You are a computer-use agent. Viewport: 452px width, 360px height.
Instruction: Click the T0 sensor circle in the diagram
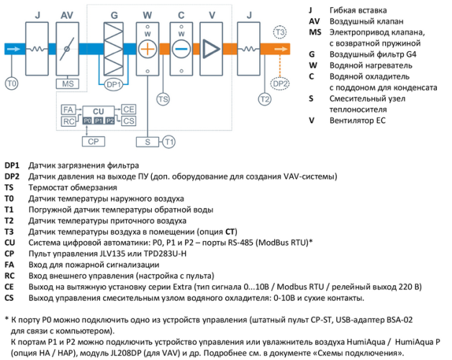point(12,84)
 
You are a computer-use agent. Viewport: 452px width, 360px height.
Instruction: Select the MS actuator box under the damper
point(68,84)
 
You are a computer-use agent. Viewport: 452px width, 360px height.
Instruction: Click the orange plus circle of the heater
point(147,49)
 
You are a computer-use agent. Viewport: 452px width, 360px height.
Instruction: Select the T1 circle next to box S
point(168,140)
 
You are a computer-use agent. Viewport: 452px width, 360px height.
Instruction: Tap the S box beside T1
point(147,140)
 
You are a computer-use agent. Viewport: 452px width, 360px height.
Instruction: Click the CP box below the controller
point(92,140)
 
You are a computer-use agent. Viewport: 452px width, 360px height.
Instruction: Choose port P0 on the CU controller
point(87,121)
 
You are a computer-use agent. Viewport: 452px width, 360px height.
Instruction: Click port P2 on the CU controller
point(109,121)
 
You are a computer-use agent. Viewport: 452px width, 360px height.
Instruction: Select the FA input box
point(69,109)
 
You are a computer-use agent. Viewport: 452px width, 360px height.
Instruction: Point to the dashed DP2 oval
point(281,84)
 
